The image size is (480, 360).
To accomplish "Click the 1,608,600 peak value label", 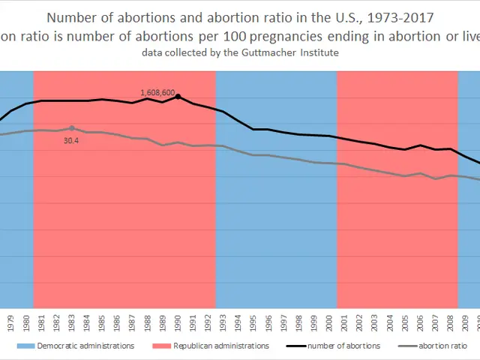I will (x=157, y=93).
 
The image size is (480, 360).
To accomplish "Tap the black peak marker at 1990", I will (x=178, y=96).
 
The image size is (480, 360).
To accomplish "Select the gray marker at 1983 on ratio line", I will (x=72, y=128).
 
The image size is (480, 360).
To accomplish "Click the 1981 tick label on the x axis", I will (x=41, y=320).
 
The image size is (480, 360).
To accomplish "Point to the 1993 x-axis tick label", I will (x=223, y=320).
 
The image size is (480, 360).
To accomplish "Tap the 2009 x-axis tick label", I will (x=466, y=320).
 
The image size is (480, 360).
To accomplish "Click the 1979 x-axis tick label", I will (x=10, y=320).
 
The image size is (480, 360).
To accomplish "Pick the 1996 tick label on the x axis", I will (x=268, y=320).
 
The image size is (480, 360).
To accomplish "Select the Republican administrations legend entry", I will (x=220, y=346).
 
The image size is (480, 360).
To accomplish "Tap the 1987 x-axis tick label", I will (x=133, y=320).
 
